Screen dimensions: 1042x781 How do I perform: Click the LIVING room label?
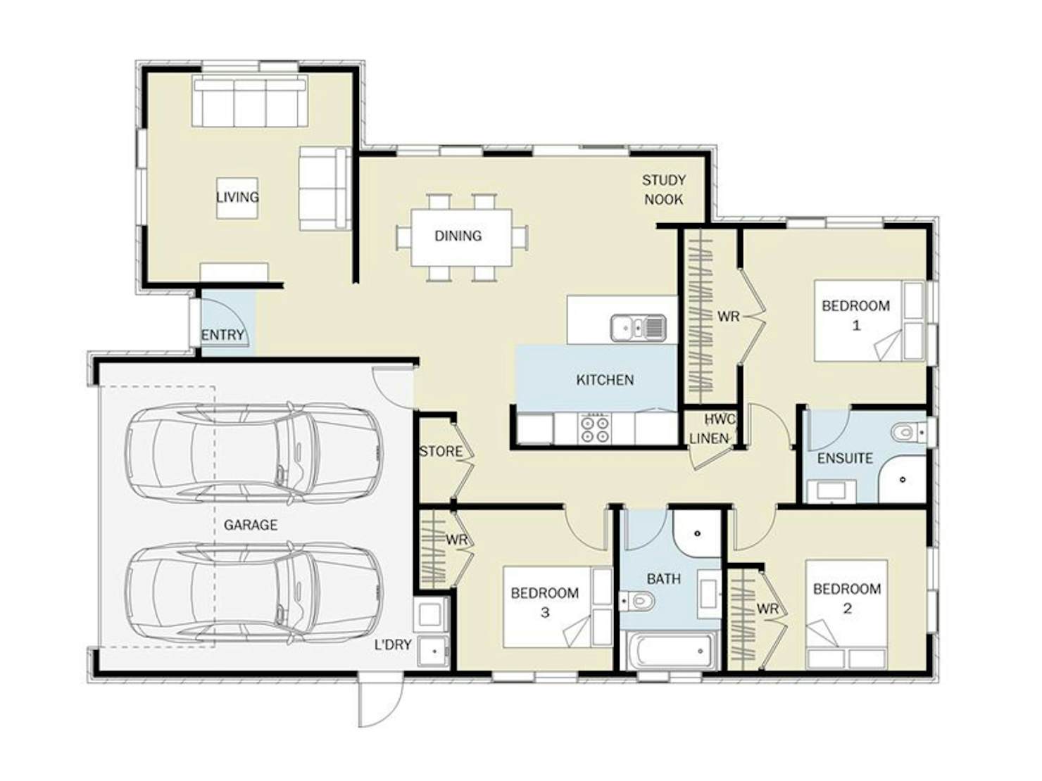[237, 197]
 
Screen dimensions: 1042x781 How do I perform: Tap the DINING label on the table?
[458, 236]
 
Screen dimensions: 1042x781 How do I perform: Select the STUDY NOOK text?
[664, 190]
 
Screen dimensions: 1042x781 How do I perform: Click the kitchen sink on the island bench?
[639, 328]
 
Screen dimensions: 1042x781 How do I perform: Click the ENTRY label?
[222, 335]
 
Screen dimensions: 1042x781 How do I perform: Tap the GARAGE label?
[251, 525]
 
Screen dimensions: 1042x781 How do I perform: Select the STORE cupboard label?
[441, 452]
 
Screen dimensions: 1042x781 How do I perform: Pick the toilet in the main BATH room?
[637, 602]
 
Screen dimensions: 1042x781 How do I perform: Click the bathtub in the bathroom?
[671, 651]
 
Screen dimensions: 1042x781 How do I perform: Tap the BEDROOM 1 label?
[856, 316]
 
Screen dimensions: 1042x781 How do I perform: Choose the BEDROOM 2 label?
[848, 599]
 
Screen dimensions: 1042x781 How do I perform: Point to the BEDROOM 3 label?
[545, 603]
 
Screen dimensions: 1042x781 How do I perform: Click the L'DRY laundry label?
[393, 645]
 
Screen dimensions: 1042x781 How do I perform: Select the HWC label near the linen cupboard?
[720, 419]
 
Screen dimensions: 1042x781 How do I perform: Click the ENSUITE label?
[846, 459]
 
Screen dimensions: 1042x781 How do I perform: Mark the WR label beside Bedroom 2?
[768, 609]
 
